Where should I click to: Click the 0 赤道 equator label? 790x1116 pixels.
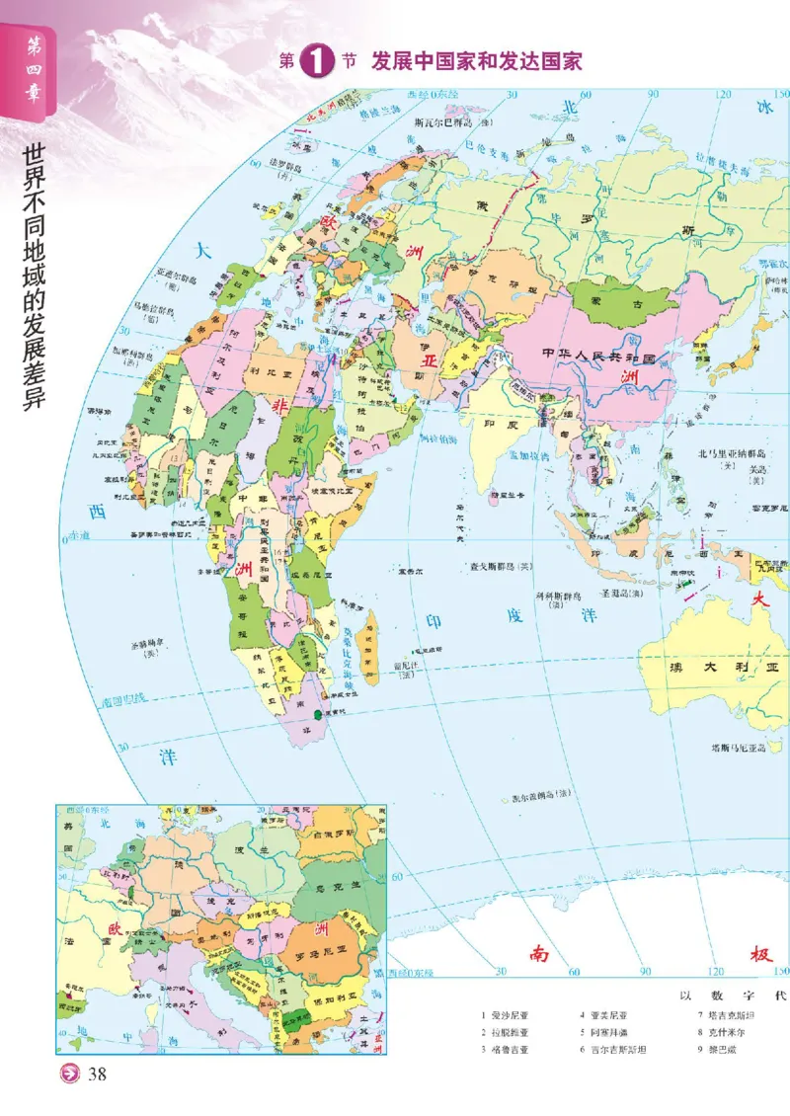pos(75,537)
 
